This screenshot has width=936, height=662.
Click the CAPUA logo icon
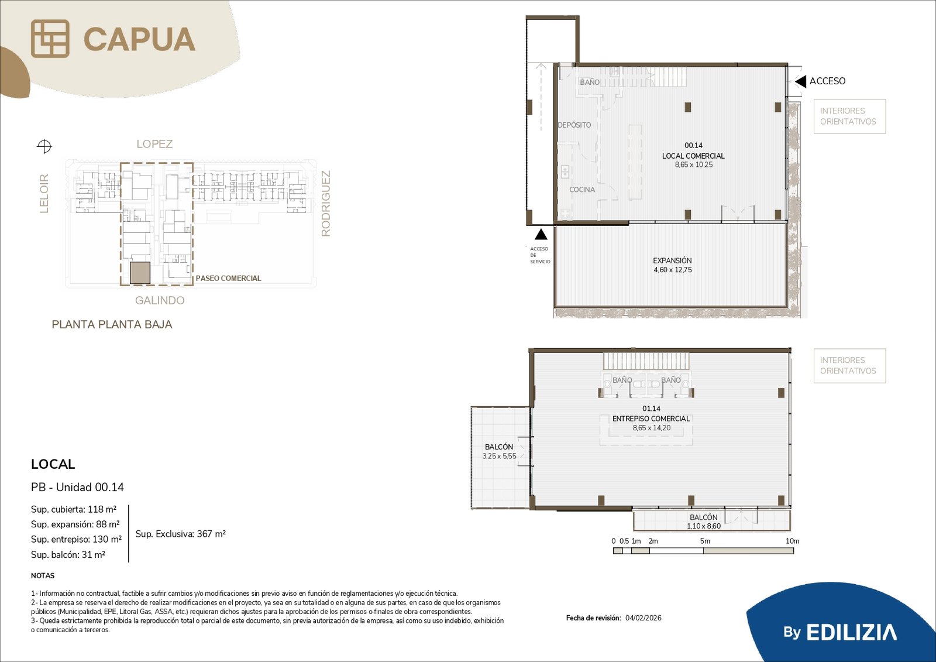coord(50,39)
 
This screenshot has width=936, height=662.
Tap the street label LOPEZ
coord(154,144)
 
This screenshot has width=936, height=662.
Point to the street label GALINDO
coord(160,300)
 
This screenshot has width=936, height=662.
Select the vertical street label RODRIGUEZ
coord(325,203)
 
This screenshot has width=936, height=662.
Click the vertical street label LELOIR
coord(44,193)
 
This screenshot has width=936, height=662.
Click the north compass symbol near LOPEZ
coord(44,146)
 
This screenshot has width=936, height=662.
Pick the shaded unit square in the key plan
coord(140,273)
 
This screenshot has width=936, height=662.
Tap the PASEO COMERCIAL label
coord(228,278)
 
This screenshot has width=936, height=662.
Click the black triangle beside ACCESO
coord(800,81)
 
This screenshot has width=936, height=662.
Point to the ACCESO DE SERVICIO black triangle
coord(541,234)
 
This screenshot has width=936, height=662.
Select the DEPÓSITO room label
coord(574,125)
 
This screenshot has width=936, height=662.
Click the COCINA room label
coord(582,190)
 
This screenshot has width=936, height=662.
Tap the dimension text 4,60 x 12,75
coord(673,270)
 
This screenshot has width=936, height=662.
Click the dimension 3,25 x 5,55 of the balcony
coord(500,456)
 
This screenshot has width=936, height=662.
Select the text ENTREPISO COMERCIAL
coord(651,418)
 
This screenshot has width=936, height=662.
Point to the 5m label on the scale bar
coord(705,541)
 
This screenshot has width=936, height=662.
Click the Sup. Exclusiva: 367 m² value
coord(181,534)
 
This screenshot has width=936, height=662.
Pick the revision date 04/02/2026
coord(643,618)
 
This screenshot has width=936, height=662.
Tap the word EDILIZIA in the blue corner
coord(851,632)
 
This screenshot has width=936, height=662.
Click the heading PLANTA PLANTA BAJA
coord(112,324)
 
